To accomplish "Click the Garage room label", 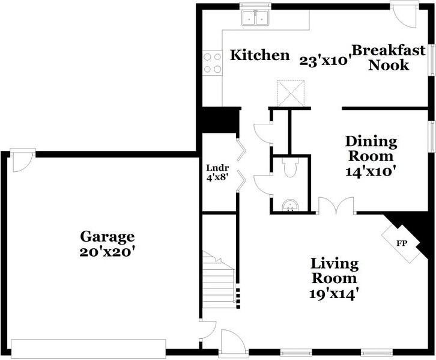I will click(108, 236).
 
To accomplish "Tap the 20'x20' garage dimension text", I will click(108, 252).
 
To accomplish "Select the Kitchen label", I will click(260, 55).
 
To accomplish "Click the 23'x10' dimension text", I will click(324, 59).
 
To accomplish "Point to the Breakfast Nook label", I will click(389, 57).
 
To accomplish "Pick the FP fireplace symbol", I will click(403, 243).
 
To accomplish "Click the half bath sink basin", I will click(291, 206).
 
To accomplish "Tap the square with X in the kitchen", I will click(291, 93).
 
